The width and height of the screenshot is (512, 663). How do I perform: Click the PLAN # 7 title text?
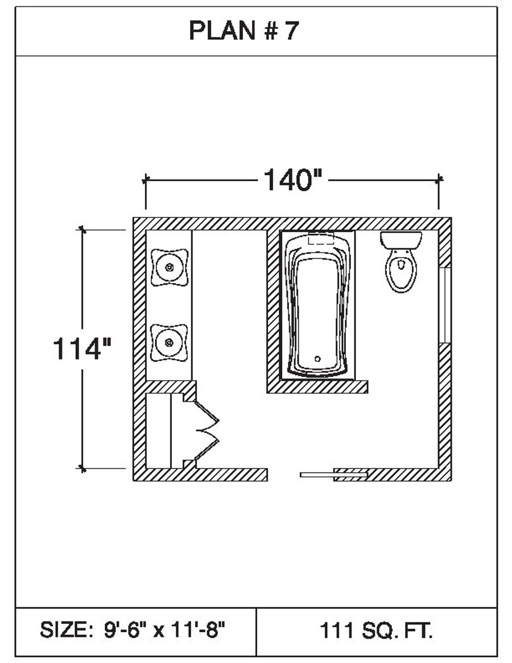[x=244, y=30]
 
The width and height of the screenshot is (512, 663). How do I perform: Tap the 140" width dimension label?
[x=292, y=180]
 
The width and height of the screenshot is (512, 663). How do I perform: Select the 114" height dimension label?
[x=81, y=349]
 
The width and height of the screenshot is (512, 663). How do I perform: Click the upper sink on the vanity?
[x=170, y=267]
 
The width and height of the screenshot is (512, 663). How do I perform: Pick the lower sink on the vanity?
[x=170, y=343]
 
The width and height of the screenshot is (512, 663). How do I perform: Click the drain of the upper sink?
[x=170, y=267]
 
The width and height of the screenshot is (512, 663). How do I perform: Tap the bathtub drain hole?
[x=317, y=359]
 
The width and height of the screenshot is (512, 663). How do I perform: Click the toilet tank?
[x=401, y=240]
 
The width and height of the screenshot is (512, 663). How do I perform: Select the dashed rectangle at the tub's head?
[x=321, y=238]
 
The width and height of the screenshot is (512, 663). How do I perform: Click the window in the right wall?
[x=445, y=305]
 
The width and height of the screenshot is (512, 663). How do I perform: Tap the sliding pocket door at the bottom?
[x=333, y=475]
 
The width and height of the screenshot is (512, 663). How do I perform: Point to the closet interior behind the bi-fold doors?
[x=159, y=430]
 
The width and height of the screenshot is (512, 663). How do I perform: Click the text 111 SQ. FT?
[x=376, y=631]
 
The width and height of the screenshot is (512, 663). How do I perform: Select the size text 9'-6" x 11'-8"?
[x=164, y=630]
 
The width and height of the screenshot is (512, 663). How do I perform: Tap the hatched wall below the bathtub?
[x=317, y=386]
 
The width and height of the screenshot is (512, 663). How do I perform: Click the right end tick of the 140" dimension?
[x=439, y=180]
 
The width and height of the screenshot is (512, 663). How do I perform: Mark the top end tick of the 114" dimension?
[x=82, y=230]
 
